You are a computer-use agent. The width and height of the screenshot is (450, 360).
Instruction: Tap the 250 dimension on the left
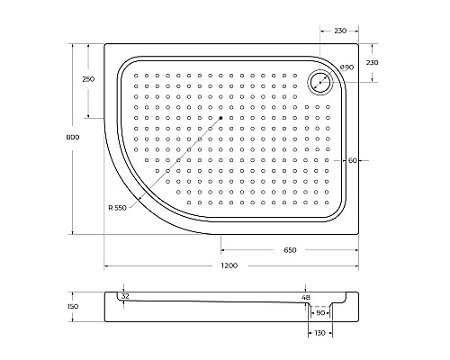pos(88,79)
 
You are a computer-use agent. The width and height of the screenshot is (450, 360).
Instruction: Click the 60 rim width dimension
pos(354,160)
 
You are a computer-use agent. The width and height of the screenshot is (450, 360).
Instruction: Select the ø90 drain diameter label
pos(346,69)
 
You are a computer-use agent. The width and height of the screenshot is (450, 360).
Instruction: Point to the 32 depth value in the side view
pos(124,296)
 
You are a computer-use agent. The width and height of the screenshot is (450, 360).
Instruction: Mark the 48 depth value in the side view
pos(306,297)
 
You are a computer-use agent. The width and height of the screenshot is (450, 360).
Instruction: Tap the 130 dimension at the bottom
pos(320,334)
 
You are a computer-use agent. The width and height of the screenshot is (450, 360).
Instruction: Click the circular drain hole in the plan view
pos(320,83)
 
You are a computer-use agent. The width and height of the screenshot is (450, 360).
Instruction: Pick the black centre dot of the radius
pos(220,118)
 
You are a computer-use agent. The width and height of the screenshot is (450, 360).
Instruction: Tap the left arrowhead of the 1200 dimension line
pos(107,266)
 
